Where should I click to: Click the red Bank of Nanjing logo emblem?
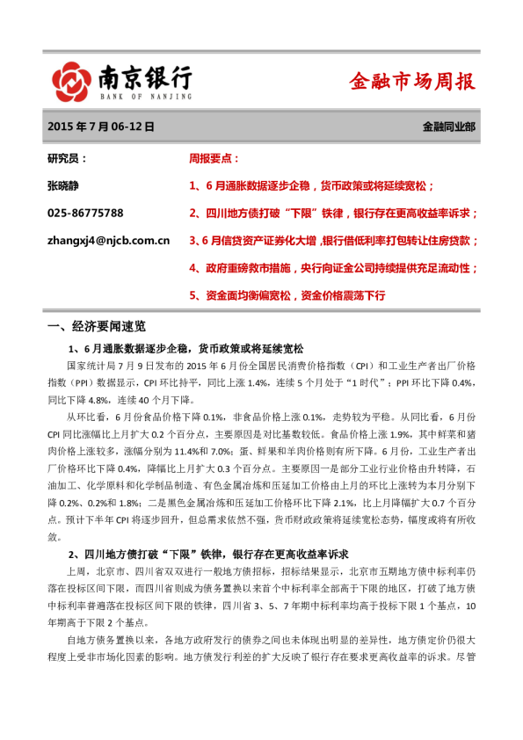click(x=72, y=81)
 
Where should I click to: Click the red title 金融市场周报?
click(x=411, y=82)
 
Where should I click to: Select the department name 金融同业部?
click(x=449, y=127)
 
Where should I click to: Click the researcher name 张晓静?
click(x=67, y=185)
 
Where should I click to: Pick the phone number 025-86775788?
click(x=85, y=213)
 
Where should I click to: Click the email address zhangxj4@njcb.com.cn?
click(x=108, y=239)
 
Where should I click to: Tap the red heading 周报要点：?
click(x=214, y=159)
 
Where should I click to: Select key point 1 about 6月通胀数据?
click(x=311, y=185)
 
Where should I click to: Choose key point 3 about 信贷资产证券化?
click(x=334, y=239)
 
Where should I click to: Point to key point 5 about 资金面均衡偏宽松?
click(x=287, y=295)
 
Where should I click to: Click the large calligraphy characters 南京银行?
click(x=145, y=76)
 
